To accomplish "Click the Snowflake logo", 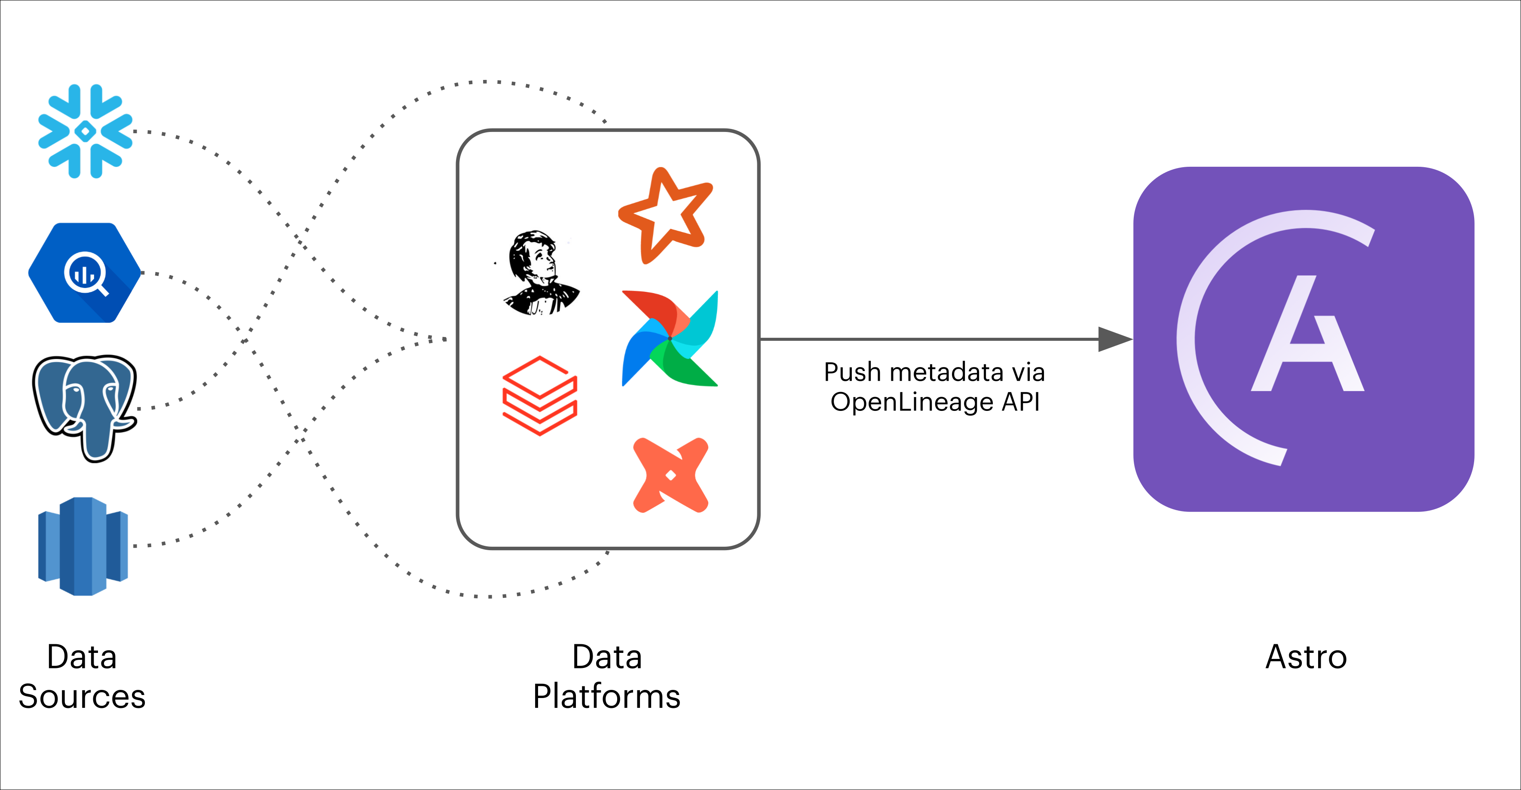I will [86, 131].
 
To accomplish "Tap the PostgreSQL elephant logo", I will [84, 407].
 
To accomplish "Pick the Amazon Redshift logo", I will [83, 546].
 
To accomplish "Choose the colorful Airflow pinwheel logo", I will [670, 338].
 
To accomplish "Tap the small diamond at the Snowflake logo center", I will [86, 131].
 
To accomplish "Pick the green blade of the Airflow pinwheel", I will [685, 366].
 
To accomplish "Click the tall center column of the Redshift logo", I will [83, 546].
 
